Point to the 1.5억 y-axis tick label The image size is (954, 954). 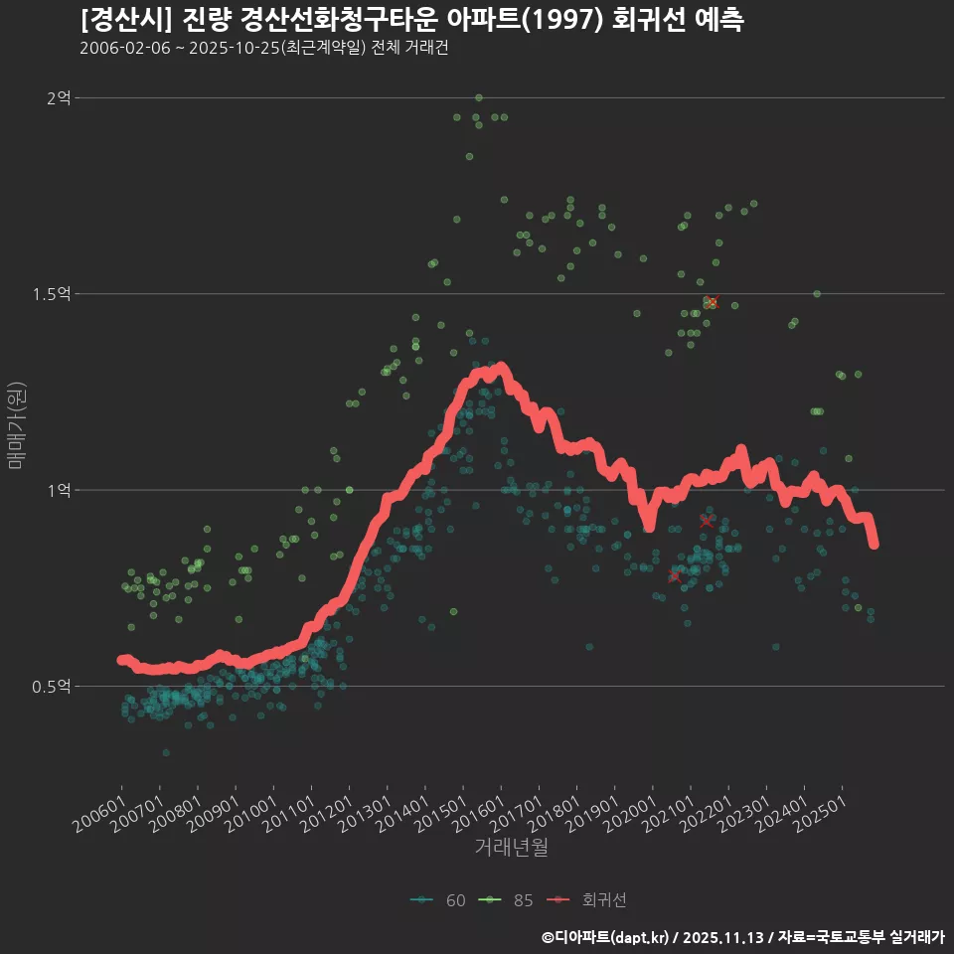52,293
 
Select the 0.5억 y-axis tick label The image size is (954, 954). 52,686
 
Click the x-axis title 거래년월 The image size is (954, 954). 511,847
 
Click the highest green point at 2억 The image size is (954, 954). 479,97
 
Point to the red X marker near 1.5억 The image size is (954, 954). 712,302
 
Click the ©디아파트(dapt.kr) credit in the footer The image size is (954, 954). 604,936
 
